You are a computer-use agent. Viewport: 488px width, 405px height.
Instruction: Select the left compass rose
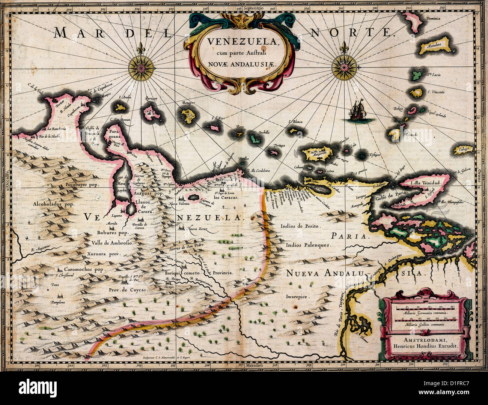click(141, 68)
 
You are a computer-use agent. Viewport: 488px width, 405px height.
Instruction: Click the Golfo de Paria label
click(393, 194)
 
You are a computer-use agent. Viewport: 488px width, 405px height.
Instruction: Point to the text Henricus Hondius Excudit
click(426, 347)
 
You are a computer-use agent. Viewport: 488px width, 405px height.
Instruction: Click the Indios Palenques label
click(308, 245)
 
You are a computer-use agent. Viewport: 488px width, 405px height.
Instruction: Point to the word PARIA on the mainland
click(349, 236)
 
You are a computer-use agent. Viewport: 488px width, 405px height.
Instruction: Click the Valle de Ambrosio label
click(112, 243)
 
